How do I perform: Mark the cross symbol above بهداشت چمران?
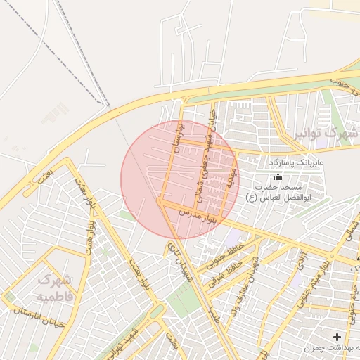(337, 337)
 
